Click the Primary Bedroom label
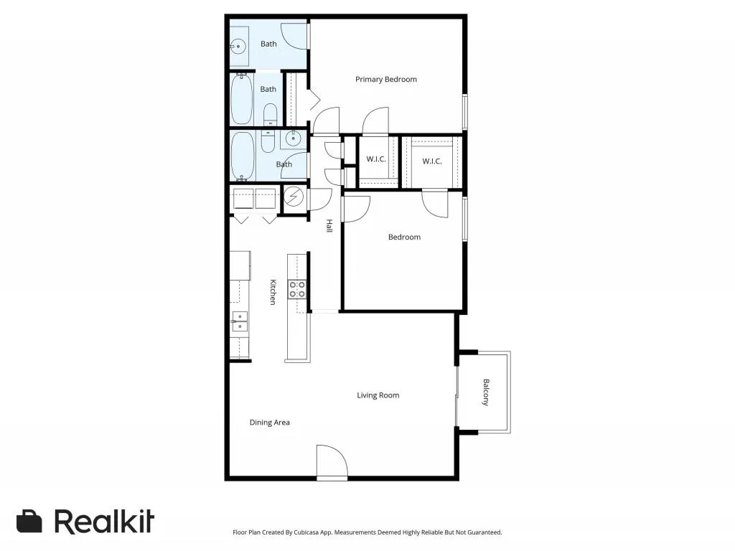(x=385, y=80)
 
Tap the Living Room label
(x=378, y=395)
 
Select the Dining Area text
(x=269, y=423)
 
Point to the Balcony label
(x=486, y=392)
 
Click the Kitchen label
(x=273, y=292)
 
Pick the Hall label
(x=329, y=226)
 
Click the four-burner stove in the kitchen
(x=297, y=289)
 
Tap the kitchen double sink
(x=239, y=321)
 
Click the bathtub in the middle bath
(x=242, y=100)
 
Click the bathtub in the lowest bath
(x=243, y=155)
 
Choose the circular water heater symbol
(x=294, y=196)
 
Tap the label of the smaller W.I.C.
(x=376, y=159)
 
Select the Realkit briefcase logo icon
(x=29, y=522)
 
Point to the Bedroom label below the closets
(x=404, y=237)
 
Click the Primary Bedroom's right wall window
(x=464, y=112)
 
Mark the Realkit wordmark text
(x=104, y=522)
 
